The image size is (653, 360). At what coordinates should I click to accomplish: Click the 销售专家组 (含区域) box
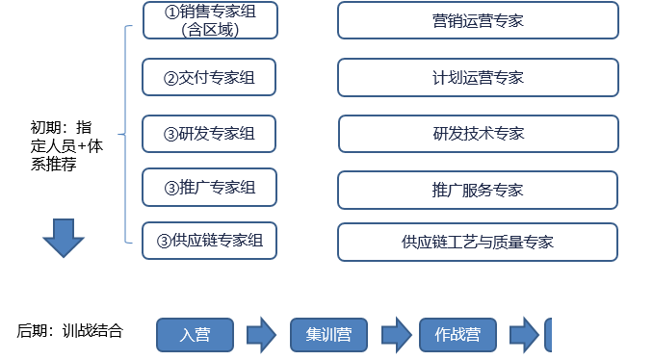click(x=209, y=20)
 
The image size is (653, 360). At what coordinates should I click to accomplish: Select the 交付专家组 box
click(x=209, y=76)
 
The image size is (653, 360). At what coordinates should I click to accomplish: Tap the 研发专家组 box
click(x=209, y=133)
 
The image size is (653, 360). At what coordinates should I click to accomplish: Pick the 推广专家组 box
click(x=209, y=187)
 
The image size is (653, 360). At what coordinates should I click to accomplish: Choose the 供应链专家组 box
click(x=209, y=241)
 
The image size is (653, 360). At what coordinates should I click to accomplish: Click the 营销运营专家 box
click(x=478, y=20)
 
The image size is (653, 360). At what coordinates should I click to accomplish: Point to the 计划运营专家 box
click(x=478, y=77)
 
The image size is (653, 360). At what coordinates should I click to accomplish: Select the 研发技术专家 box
click(x=478, y=133)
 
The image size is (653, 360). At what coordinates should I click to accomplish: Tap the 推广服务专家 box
click(x=478, y=189)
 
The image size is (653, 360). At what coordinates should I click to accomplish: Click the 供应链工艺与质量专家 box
click(x=478, y=242)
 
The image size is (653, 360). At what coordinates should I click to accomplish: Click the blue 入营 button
click(x=196, y=335)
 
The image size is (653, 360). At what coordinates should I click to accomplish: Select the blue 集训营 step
click(x=329, y=335)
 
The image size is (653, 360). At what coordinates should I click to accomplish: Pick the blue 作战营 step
click(x=456, y=335)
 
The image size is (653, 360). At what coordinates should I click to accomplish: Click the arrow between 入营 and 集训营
click(x=261, y=335)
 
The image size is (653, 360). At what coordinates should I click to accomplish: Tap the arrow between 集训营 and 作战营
click(x=395, y=335)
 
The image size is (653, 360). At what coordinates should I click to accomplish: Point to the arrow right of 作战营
click(x=523, y=335)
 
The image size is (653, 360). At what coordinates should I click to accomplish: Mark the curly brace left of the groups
click(x=125, y=134)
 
